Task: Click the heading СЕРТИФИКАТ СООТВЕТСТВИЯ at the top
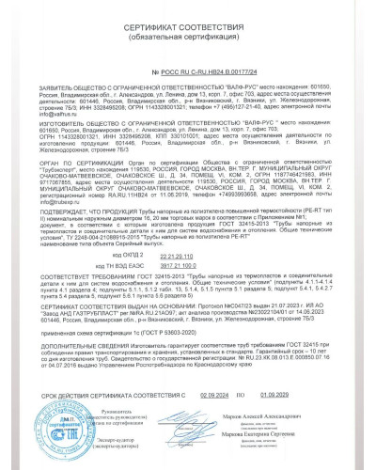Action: click(188, 33)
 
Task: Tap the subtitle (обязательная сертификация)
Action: click(188, 42)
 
